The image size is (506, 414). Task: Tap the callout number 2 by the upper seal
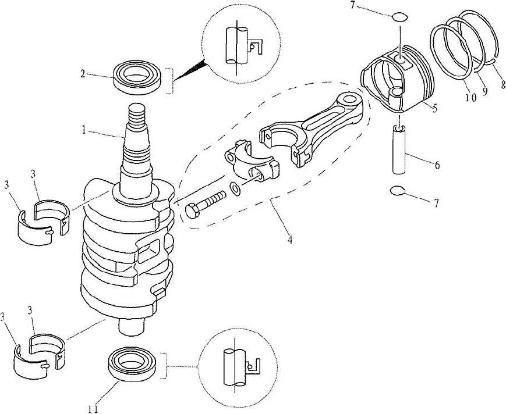(x=84, y=74)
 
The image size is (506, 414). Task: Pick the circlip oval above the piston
(x=399, y=17)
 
